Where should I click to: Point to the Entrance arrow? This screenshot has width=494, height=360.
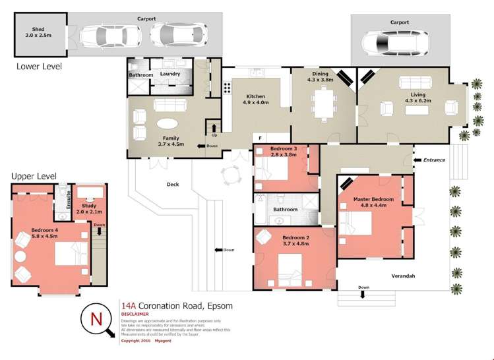[x=416, y=160]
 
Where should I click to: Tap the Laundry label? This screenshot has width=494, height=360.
[x=170, y=75]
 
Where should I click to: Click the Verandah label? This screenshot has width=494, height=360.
[x=403, y=276]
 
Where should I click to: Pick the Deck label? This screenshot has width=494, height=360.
[x=173, y=185]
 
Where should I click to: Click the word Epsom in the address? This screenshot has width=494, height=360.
[x=220, y=306]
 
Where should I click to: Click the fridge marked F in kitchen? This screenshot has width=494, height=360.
[x=261, y=138]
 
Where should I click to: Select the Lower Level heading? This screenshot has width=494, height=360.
[x=39, y=66]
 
